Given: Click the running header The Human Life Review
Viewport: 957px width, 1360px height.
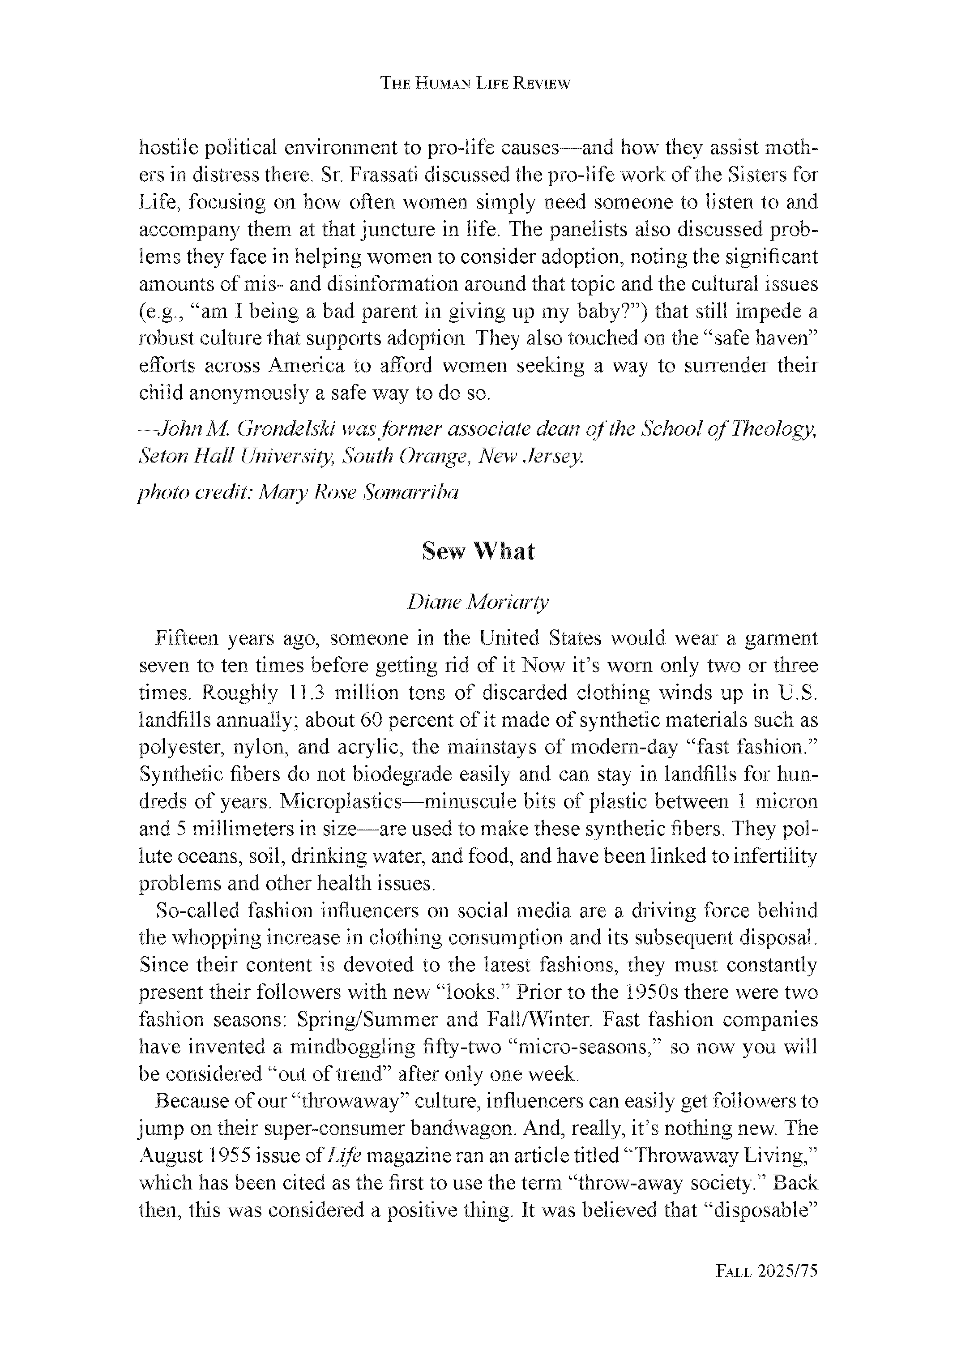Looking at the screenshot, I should click(x=475, y=84).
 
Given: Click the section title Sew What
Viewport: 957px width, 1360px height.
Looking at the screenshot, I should click(x=478, y=552).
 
